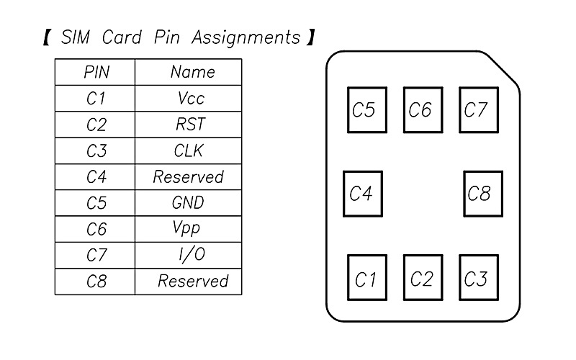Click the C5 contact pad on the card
pyautogui.click(x=366, y=110)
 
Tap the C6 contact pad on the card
pyautogui.click(x=423, y=110)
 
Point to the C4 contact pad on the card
pyautogui.click(x=363, y=194)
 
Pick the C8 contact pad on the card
pyautogui.click(x=482, y=194)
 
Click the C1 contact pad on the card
pyautogui.click(x=366, y=278)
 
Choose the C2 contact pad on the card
pyautogui.click(x=423, y=278)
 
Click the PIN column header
pyautogui.click(x=95, y=72)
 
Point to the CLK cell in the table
pyautogui.click(x=189, y=150)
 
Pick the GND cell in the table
pyautogui.click(x=188, y=203)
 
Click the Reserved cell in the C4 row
pyautogui.click(x=188, y=177)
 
